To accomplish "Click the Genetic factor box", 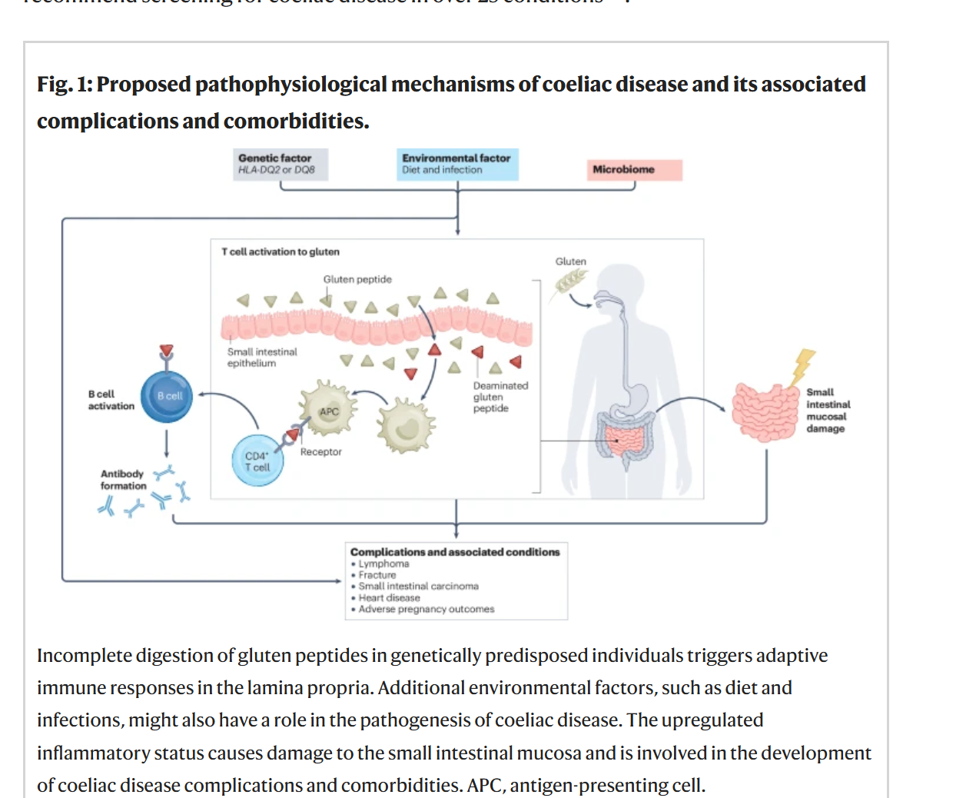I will click(x=281, y=164).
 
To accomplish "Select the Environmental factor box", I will click(x=457, y=164).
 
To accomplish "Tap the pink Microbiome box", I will click(x=635, y=170).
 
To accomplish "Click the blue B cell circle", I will click(x=167, y=397).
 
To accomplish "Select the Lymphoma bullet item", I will click(x=383, y=564).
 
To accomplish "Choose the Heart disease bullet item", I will click(x=389, y=597).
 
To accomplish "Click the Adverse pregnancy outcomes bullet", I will click(x=426, y=609).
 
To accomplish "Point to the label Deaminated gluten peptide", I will click(x=500, y=397).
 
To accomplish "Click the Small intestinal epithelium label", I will click(x=261, y=357).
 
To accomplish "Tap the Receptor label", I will click(x=320, y=452).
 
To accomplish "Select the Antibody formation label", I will click(x=122, y=480).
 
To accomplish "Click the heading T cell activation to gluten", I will click(x=281, y=251).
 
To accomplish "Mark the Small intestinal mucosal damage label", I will click(x=828, y=410).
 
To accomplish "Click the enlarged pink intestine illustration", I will click(x=765, y=411).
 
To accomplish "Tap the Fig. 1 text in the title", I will click(x=64, y=85).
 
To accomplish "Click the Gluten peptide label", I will click(x=357, y=279).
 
